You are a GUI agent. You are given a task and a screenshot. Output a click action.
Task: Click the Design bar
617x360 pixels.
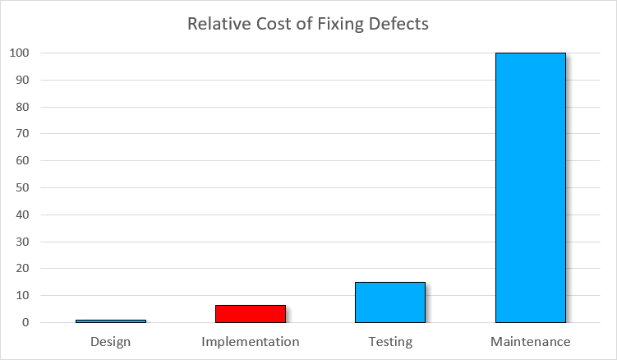pyautogui.click(x=111, y=321)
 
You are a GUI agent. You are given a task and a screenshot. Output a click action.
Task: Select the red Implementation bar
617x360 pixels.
pyautogui.click(x=251, y=314)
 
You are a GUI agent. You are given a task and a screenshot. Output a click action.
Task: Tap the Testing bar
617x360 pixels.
pyautogui.click(x=390, y=302)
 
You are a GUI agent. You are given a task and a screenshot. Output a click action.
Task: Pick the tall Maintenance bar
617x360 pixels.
pyautogui.click(x=530, y=187)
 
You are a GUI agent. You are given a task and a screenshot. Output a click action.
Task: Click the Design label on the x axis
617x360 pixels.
pyautogui.click(x=111, y=341)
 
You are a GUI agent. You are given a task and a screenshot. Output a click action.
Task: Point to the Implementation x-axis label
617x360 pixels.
pyautogui.click(x=251, y=341)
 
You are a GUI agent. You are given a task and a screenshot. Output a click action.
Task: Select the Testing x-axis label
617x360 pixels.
pyautogui.click(x=390, y=341)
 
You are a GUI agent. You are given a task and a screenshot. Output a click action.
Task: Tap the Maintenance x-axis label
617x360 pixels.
pyautogui.click(x=530, y=341)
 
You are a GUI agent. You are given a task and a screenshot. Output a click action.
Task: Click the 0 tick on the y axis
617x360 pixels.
pyautogui.click(x=25, y=323)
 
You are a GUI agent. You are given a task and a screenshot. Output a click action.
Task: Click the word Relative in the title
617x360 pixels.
pyautogui.click(x=216, y=23)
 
